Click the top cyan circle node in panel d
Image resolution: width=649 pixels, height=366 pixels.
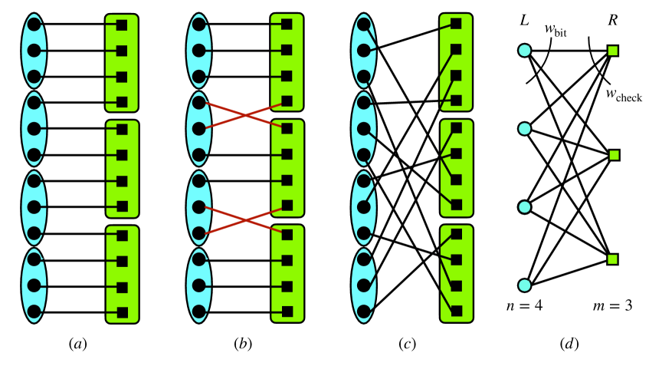(x=524, y=51)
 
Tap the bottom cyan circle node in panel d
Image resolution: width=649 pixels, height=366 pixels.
(x=524, y=285)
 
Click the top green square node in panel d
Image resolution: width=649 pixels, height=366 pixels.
(x=613, y=51)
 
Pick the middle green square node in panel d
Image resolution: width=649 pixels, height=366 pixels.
(x=613, y=156)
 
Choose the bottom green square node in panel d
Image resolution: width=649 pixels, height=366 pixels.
(x=613, y=259)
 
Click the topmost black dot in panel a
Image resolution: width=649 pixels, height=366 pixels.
(x=33, y=25)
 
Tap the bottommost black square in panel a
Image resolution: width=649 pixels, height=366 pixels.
(x=121, y=312)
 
